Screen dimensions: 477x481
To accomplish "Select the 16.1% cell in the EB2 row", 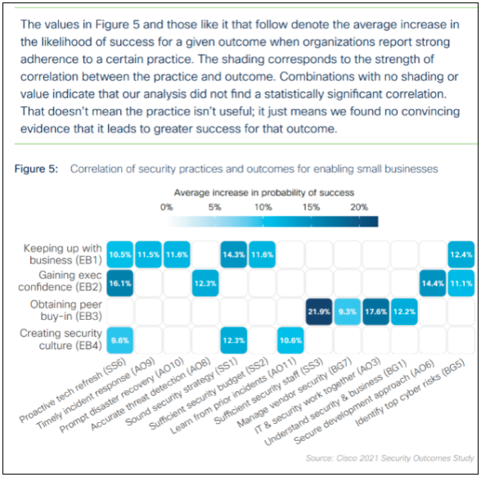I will click(x=120, y=282).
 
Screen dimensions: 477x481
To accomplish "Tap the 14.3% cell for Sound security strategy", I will click(x=234, y=254).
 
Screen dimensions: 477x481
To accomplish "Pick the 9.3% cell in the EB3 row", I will click(x=348, y=311).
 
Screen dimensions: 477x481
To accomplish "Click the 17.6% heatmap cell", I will click(x=376, y=311).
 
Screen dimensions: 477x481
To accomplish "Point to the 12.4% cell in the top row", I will click(x=461, y=254).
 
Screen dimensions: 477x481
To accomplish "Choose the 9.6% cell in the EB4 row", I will click(x=120, y=340).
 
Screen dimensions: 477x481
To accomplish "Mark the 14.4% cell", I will click(x=433, y=282).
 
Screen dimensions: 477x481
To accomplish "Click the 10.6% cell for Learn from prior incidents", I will click(x=290, y=340).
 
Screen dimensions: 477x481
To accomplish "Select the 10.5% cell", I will click(x=120, y=254).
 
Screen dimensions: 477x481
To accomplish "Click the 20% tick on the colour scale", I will click(x=358, y=207).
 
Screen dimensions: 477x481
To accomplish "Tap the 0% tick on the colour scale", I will click(x=166, y=207).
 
